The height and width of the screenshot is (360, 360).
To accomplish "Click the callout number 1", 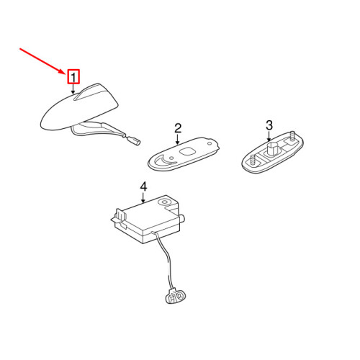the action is pyautogui.click(x=73, y=77).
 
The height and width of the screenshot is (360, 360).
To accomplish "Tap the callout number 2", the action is pyautogui.click(x=178, y=128).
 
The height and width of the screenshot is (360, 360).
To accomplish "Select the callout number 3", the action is pyautogui.click(x=269, y=125).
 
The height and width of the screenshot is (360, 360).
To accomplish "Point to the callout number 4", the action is pyautogui.click(x=143, y=187).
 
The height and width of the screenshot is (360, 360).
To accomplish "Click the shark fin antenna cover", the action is pyautogui.click(x=79, y=107).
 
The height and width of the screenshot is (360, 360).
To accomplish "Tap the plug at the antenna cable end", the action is pyautogui.click(x=135, y=141).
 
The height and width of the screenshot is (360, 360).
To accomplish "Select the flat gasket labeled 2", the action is pyautogui.click(x=184, y=153).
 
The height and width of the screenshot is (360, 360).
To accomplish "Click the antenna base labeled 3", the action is pyautogui.click(x=272, y=152).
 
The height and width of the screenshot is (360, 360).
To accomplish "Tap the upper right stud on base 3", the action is pyautogui.click(x=292, y=136).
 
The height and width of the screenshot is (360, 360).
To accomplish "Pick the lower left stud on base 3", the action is pyautogui.click(x=253, y=160).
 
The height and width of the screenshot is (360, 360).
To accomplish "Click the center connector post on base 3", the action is pyautogui.click(x=272, y=148).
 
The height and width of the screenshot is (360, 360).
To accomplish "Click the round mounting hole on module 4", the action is pyautogui.click(x=164, y=202).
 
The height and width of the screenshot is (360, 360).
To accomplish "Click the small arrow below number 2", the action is pyautogui.click(x=178, y=140).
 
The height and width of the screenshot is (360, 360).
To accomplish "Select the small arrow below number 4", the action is pyautogui.click(x=143, y=198).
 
